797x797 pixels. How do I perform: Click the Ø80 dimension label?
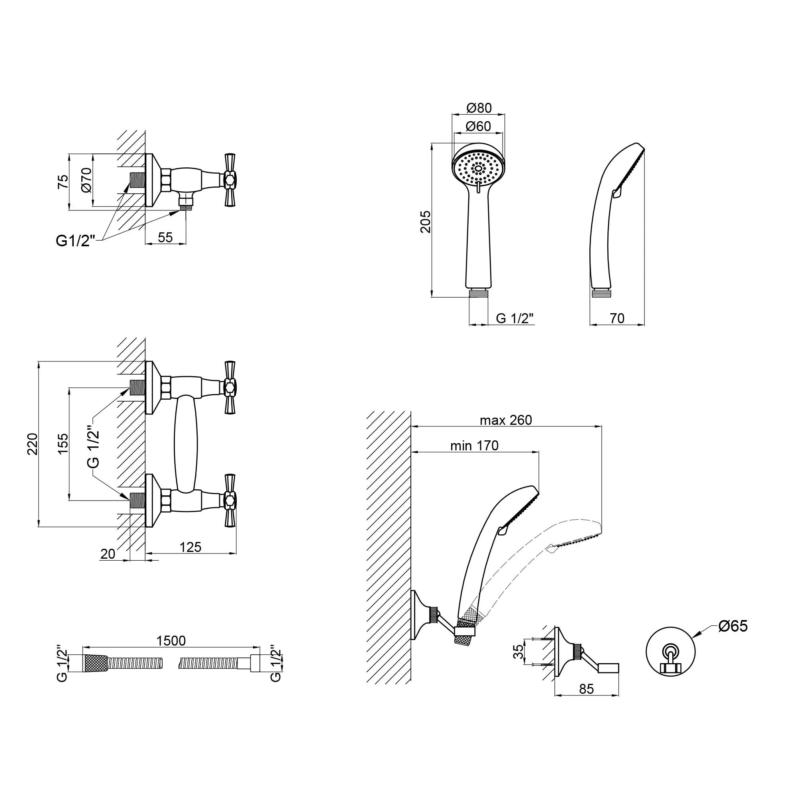coord(479,108)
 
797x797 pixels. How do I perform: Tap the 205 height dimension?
coord(425,222)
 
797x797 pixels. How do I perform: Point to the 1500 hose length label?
coord(171,641)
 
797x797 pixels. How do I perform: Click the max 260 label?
coord(506,420)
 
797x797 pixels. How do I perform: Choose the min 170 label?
coord(474,446)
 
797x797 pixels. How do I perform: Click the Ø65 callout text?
coord(733,626)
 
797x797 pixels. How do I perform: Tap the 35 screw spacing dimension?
coord(518,652)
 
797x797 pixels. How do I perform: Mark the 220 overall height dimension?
coord(33,444)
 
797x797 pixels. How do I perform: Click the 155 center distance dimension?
coord(63,444)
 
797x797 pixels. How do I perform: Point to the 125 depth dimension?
coord(190,547)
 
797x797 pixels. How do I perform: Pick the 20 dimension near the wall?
coord(108,554)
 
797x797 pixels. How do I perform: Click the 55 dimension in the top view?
coord(165,237)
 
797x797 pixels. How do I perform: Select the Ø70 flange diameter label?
coord(86,180)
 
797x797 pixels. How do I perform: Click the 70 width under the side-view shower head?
coord(617,318)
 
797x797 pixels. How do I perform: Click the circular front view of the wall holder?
coord(670,652)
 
